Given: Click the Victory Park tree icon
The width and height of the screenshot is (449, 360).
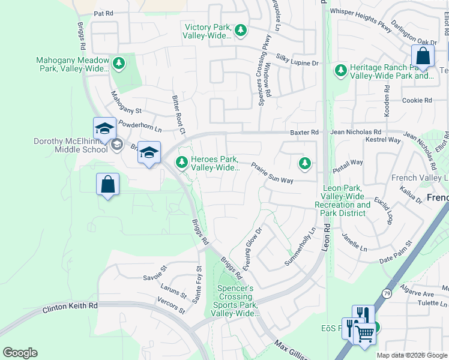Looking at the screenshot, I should point(241,30).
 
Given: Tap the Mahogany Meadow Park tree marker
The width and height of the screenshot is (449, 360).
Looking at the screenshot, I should point(119,63).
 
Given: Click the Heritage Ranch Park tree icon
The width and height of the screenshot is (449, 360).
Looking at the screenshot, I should point(341,71).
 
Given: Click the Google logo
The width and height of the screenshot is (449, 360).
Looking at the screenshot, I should point(20,353).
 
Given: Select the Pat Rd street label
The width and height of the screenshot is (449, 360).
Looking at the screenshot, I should point(103,13).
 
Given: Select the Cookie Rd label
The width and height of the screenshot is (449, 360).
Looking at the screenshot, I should point(418,100).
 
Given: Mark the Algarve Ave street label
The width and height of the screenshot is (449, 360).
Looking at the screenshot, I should point(420,295).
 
